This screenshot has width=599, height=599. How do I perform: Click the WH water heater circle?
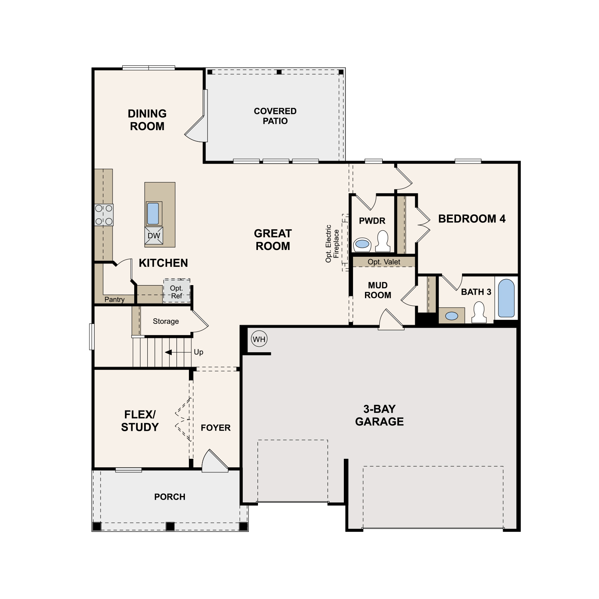pyautogui.click(x=259, y=339)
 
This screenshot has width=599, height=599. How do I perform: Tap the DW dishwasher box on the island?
pyautogui.click(x=154, y=236)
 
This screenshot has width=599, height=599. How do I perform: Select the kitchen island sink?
pyautogui.click(x=153, y=214)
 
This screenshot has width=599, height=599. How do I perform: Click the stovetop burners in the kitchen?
pyautogui.click(x=104, y=215)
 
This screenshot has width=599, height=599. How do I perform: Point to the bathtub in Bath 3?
pyautogui.click(x=506, y=298)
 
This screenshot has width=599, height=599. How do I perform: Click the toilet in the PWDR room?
pyautogui.click(x=383, y=241)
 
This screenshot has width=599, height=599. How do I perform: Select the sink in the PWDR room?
pyautogui.click(x=363, y=244)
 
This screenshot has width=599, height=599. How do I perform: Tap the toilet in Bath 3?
pyautogui.click(x=479, y=312)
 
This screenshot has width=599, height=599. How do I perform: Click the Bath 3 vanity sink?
pyautogui.click(x=452, y=316)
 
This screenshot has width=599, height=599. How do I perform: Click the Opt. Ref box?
pyautogui.click(x=177, y=291)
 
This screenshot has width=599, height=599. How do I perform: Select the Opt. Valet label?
pyautogui.click(x=384, y=262)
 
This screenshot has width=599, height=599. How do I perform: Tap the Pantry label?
pyautogui.click(x=115, y=299)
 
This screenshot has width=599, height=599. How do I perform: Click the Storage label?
pyautogui.click(x=166, y=321)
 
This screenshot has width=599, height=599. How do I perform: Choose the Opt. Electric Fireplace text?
pyautogui.click(x=332, y=244)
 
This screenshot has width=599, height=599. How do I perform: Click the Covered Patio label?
pyautogui.click(x=275, y=116)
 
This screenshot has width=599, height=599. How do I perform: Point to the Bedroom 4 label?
pyautogui.click(x=472, y=219)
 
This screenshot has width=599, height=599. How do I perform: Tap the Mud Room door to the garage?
pyautogui.click(x=391, y=319)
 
